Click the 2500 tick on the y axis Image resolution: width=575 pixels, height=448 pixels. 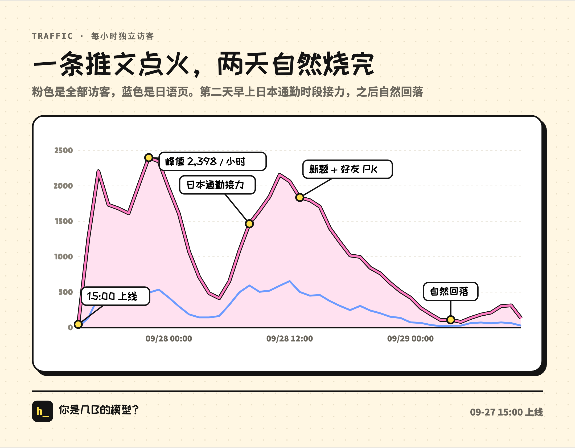pyautogui.click(x=64, y=150)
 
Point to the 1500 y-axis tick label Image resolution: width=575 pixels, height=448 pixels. pyautogui.click(x=64, y=221)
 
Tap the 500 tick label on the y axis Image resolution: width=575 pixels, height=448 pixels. pyautogui.click(x=65, y=292)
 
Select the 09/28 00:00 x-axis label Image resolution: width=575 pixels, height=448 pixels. pyautogui.click(x=169, y=339)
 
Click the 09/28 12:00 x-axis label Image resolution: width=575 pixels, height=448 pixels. pyautogui.click(x=290, y=339)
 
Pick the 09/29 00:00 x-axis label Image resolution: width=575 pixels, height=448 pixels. pyautogui.click(x=410, y=339)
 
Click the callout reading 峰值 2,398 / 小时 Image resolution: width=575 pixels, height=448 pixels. pyautogui.click(x=213, y=161)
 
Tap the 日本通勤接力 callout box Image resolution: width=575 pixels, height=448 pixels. pyautogui.click(x=217, y=185)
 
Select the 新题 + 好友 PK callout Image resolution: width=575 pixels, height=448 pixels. pyautogui.click(x=348, y=169)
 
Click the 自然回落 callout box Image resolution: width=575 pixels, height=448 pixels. pyautogui.click(x=451, y=292)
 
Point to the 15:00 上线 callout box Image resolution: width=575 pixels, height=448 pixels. pyautogui.click(x=116, y=296)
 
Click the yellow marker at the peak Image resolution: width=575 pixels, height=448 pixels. pyautogui.click(x=149, y=158)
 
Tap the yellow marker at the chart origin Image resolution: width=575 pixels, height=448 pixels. pyautogui.click(x=78, y=324)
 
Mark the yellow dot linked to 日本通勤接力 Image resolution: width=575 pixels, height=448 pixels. pyautogui.click(x=249, y=224)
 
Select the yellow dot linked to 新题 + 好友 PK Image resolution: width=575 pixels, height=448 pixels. pyautogui.click(x=300, y=197)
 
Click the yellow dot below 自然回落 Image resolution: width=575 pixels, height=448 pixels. pyautogui.click(x=451, y=319)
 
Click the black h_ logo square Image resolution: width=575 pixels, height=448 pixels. pyautogui.click(x=43, y=411)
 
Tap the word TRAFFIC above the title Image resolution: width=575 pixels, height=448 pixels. pyautogui.click(x=52, y=36)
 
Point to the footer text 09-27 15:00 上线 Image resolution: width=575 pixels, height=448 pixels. pyautogui.click(x=506, y=412)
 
